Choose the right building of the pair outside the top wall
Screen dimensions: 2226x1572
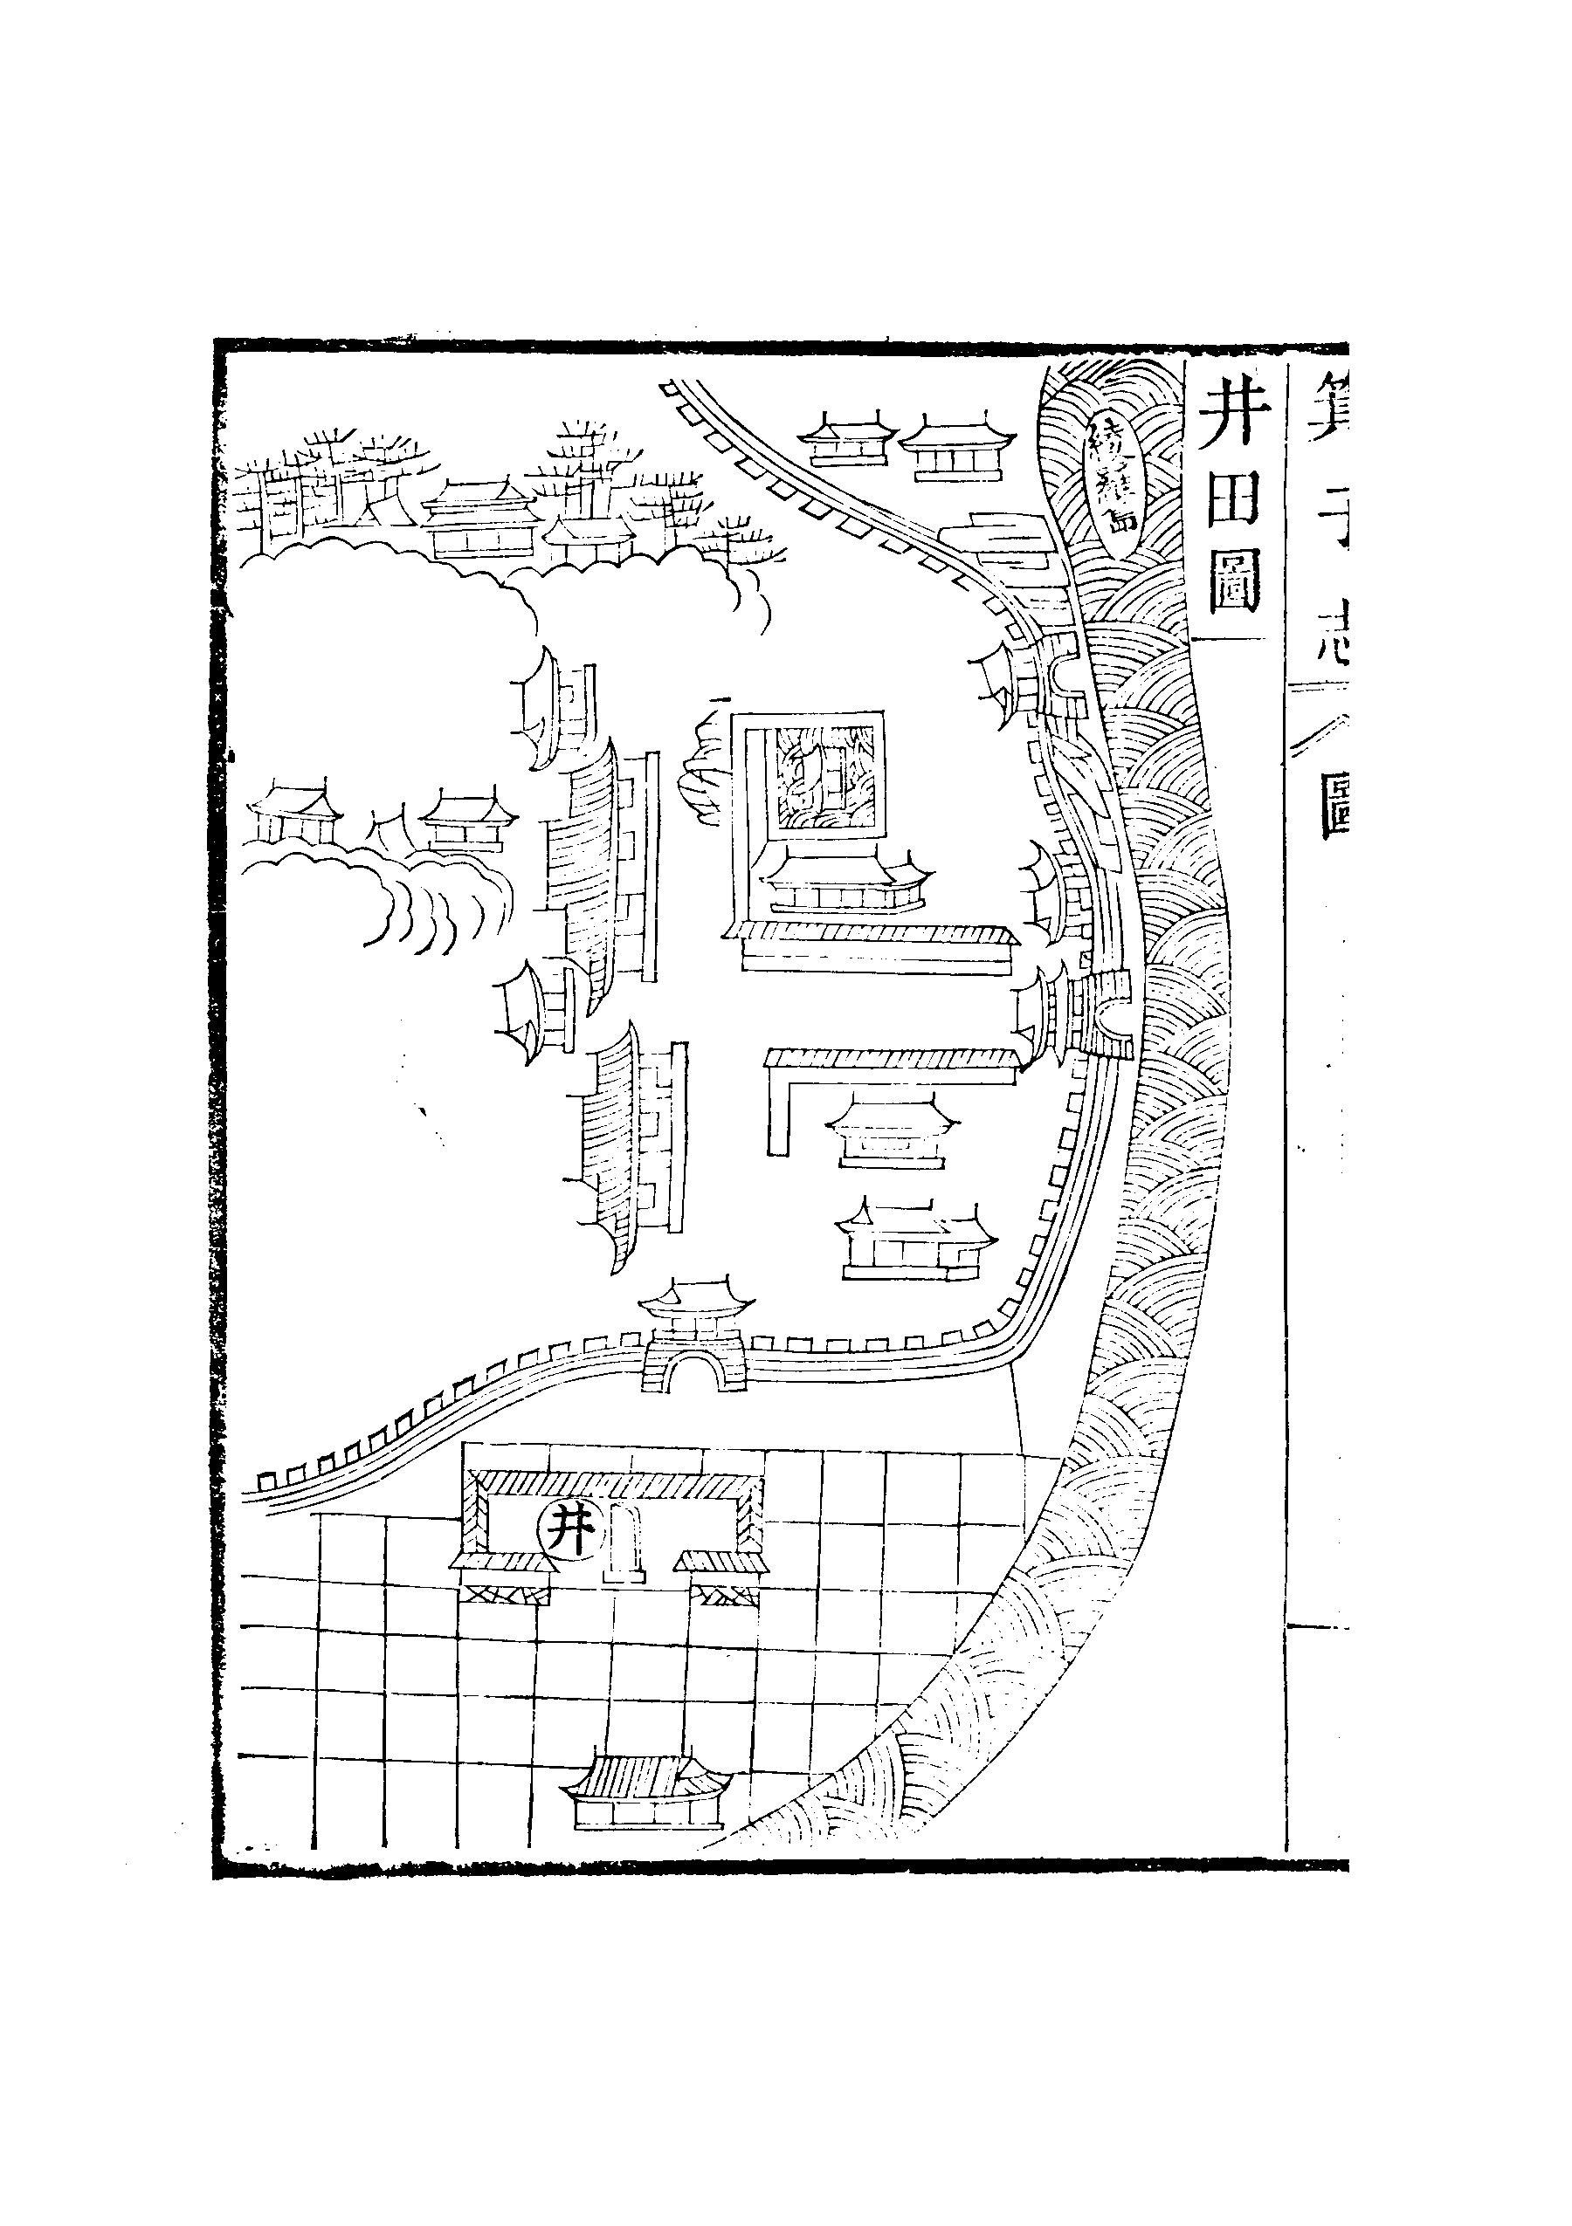955,449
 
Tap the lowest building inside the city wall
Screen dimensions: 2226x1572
914,1244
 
